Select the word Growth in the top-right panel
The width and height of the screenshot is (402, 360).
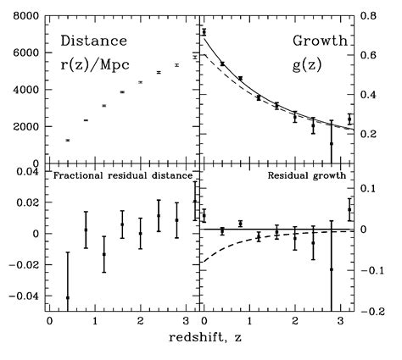(x=315, y=41)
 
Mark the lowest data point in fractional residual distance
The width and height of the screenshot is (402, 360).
(x=68, y=297)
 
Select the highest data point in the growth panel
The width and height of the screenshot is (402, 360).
(x=204, y=32)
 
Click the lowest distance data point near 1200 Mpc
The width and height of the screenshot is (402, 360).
(x=68, y=140)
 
